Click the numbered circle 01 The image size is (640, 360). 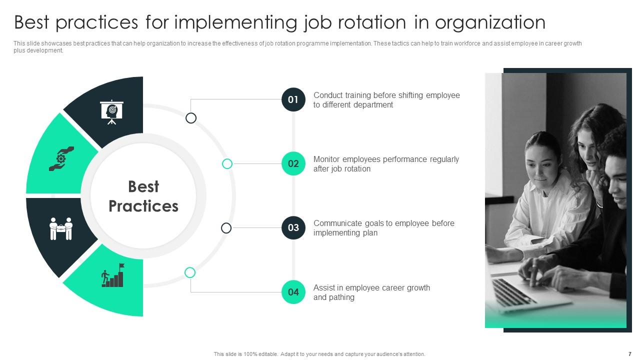click(x=293, y=99)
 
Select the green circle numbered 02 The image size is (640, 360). click(x=293, y=163)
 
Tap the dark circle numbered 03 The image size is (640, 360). click(x=293, y=227)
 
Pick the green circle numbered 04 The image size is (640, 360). click(x=293, y=292)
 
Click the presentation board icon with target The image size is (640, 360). click(x=111, y=112)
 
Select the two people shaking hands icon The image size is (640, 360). click(x=61, y=228)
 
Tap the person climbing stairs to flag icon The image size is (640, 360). click(x=112, y=275)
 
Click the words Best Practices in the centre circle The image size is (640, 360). click(x=143, y=196)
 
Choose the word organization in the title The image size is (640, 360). click(x=490, y=22)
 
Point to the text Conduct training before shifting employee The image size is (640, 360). click(x=386, y=95)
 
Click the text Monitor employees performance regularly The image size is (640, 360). click(x=386, y=159)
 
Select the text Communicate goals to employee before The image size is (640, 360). click(x=384, y=223)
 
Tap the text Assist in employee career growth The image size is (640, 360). click(x=371, y=287)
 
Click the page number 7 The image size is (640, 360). click(x=629, y=354)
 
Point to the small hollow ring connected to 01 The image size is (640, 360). click(x=191, y=118)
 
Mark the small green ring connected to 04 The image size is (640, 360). click(x=190, y=272)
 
